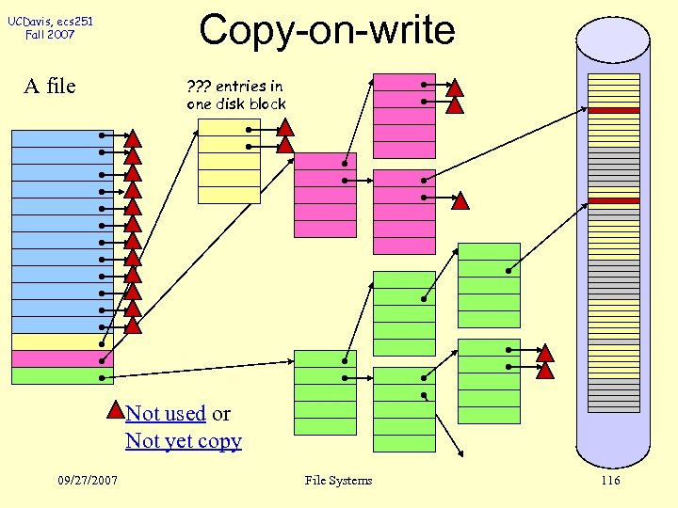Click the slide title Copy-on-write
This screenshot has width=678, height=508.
(x=327, y=30)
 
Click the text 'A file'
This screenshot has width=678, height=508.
(x=50, y=87)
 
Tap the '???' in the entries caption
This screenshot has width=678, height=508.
(x=200, y=87)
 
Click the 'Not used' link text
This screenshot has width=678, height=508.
(x=166, y=414)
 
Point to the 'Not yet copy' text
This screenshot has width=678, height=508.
(x=184, y=441)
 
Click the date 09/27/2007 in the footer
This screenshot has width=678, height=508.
(x=88, y=481)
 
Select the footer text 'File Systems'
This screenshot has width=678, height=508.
(x=338, y=481)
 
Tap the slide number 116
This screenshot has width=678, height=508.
(x=610, y=481)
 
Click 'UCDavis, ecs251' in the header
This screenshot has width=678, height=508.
(x=51, y=22)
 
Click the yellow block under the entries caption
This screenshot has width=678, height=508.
(x=229, y=161)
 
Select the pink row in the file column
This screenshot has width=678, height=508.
(x=62, y=358)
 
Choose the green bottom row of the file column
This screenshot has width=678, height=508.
(x=62, y=376)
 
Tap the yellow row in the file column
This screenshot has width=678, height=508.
(x=62, y=341)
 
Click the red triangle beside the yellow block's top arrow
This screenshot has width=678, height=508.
(x=285, y=128)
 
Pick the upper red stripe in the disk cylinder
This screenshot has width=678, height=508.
(x=613, y=110)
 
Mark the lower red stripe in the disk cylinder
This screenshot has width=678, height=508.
(x=613, y=200)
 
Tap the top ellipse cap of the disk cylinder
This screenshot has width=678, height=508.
(x=613, y=36)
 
